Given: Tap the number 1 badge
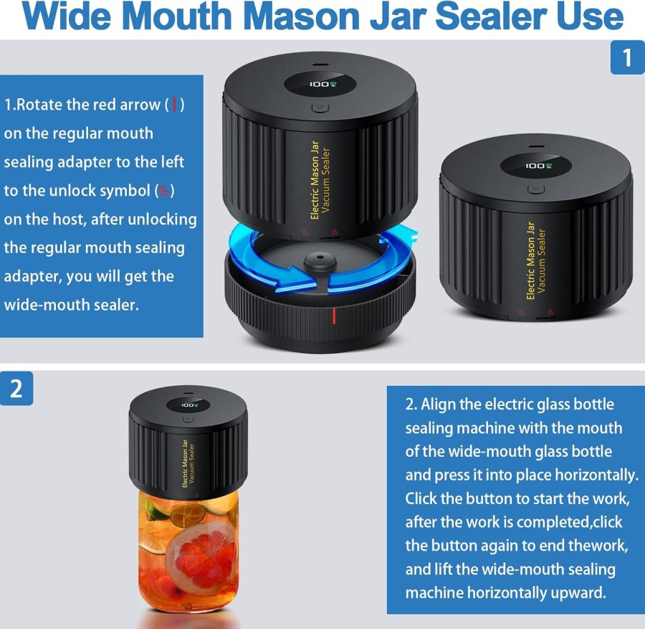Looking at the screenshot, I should click(x=627, y=57).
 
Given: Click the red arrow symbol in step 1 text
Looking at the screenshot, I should click(x=175, y=105).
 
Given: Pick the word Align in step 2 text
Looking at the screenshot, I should click(x=440, y=404).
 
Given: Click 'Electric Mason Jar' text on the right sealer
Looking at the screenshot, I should click(x=531, y=260).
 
